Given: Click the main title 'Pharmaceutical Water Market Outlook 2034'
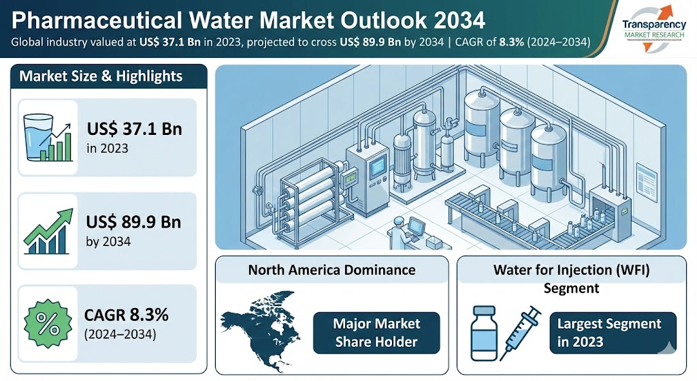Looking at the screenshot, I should pos(248,19).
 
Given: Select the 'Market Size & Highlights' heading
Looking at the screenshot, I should pos(101,76).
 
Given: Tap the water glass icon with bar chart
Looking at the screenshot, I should pos(46,136).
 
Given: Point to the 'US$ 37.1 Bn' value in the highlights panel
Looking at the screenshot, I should pos(134,129).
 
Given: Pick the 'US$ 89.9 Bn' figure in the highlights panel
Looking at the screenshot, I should pos(135,224).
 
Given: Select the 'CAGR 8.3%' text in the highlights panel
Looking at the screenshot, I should pos(127,316).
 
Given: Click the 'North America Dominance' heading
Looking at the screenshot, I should pos(331,269).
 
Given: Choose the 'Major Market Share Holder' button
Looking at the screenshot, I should pos(376,332).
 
